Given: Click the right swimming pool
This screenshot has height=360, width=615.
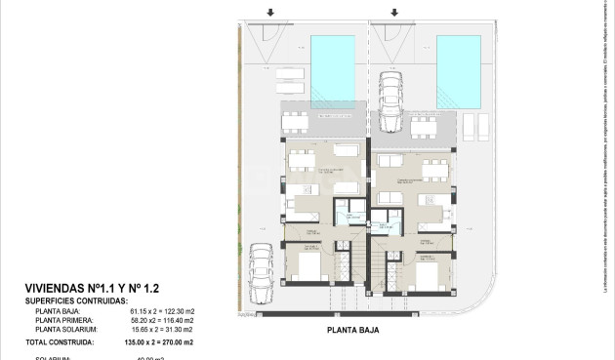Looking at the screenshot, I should click(x=459, y=70).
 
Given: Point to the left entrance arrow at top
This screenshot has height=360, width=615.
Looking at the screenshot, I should click(x=270, y=13).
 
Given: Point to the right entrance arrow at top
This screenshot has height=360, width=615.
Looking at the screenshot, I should click(x=394, y=13).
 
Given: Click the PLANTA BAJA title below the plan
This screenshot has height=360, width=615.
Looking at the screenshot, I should click(x=352, y=331).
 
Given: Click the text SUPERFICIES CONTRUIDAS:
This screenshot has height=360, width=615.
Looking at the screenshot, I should click(x=76, y=301).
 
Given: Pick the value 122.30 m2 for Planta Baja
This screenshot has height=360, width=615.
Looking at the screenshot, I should click(x=176, y=311).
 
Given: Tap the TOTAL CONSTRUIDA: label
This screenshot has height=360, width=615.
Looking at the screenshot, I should click(x=67, y=342).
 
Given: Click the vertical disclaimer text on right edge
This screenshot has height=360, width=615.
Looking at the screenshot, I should click(x=605, y=146).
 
